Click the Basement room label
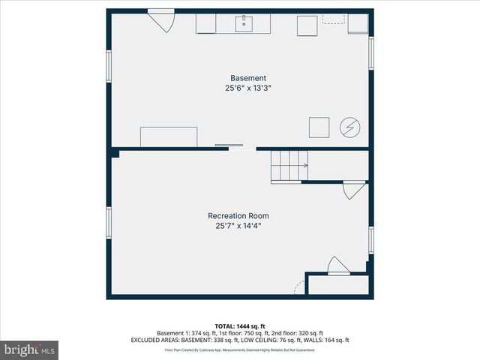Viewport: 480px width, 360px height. (247, 78)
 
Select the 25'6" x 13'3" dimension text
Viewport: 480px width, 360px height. (247, 88)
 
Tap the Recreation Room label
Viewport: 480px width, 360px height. (238, 216)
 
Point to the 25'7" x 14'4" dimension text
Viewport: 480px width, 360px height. (238, 226)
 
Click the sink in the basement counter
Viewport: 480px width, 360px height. (245, 24)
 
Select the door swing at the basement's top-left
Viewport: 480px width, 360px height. (161, 20)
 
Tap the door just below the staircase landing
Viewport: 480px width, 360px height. (353, 190)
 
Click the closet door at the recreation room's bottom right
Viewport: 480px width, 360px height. (337, 266)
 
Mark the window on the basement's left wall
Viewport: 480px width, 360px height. (109, 66)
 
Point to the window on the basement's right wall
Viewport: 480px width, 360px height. (370, 54)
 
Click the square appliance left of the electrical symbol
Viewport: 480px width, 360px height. (319, 127)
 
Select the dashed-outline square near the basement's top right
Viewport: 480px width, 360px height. (333, 18)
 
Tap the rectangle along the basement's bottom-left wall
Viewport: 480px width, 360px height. (169, 136)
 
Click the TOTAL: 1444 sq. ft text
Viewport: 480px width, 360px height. (239, 326)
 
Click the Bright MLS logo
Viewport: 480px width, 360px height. (30, 349)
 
